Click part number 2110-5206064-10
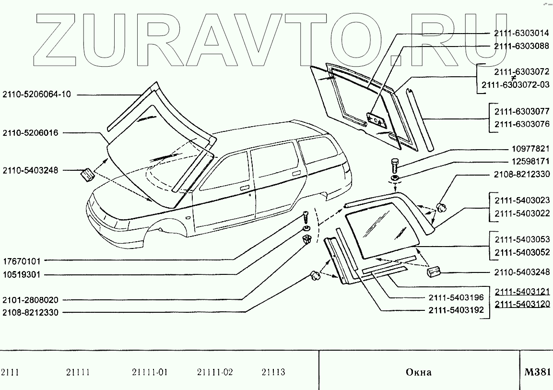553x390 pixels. [36, 95]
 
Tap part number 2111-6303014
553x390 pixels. [521, 34]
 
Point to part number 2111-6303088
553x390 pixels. [521, 46]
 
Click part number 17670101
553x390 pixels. [22, 261]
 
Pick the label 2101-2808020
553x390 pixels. [30, 300]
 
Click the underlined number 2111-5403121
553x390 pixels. [522, 292]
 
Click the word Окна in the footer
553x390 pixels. [418, 372]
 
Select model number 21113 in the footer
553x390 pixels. [273, 372]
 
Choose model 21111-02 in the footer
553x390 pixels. [214, 372]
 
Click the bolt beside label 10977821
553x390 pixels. [395, 165]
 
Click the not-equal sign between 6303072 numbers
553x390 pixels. [513, 78]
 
